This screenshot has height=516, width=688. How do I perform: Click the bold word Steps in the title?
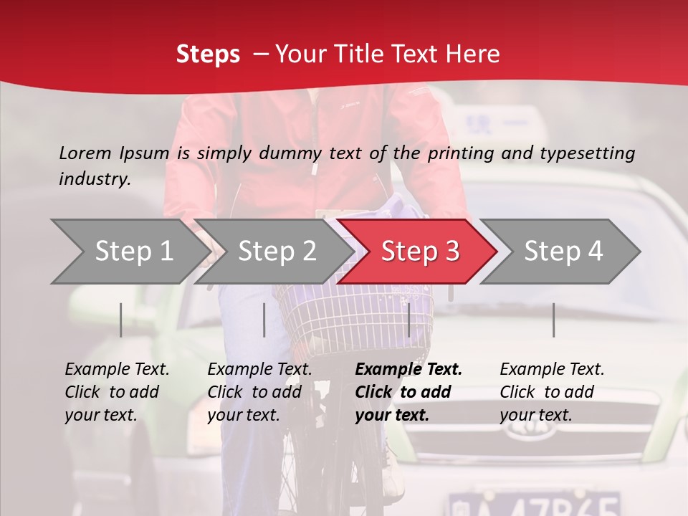[208, 54]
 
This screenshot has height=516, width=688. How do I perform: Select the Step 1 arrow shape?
[129, 252]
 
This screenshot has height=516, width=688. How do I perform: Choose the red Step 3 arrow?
[419, 252]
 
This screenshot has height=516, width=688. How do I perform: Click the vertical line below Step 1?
[121, 320]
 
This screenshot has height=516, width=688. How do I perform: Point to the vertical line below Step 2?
[264, 320]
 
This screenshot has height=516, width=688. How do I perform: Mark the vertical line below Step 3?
[409, 320]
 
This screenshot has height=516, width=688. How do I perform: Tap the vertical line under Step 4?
[553, 320]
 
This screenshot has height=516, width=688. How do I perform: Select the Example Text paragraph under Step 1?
[117, 392]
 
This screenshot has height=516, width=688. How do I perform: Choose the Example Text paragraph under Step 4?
[552, 392]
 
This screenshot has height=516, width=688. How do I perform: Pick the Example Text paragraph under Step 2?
[259, 392]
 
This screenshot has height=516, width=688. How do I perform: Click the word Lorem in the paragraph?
[85, 153]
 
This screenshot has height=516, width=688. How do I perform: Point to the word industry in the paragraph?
[94, 178]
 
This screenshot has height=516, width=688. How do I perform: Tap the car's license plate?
[533, 504]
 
